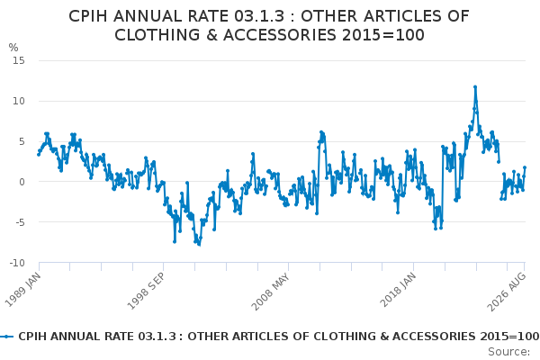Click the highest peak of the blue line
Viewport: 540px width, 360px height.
475,87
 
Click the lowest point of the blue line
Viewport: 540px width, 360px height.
199,244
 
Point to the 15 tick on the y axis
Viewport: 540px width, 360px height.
19,60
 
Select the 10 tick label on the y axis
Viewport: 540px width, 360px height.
19,101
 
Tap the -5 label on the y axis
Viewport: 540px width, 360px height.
21,222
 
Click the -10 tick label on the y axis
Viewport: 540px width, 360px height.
17,263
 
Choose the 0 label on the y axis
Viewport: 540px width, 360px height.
22,182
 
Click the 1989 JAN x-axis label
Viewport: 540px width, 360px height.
23,290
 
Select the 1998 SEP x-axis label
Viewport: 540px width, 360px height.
147,291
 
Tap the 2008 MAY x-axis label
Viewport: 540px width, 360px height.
271,292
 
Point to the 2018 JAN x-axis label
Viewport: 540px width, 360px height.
398,290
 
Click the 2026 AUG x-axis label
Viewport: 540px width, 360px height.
506,292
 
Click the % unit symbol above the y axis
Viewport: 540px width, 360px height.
13,48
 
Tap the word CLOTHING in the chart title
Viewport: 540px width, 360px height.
157,35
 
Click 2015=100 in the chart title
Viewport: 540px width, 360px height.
383,35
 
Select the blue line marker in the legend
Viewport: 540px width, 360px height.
6,337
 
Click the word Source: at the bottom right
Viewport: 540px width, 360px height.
509,352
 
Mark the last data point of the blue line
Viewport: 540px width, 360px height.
525,167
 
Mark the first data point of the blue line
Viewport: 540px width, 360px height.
39,155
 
